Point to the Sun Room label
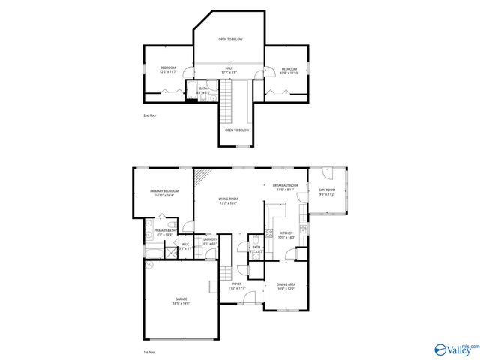pos(328,192)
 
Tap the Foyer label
pos(237,286)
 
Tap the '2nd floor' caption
pos(150,116)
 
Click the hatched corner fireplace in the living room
pos(199,177)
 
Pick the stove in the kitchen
pos(301,227)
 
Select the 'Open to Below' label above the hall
pos(230,39)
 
